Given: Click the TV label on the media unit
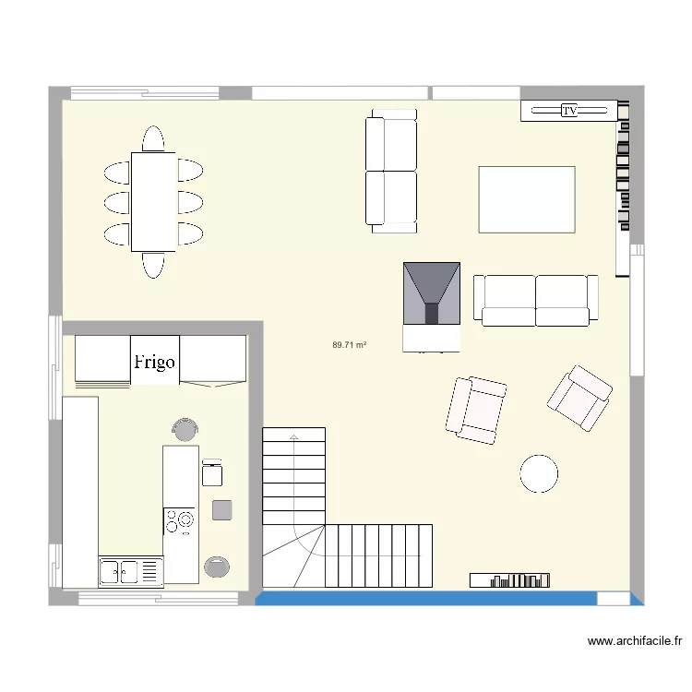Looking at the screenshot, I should tap(570, 111).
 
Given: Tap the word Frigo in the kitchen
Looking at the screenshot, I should tap(154, 362).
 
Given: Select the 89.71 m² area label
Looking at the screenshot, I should tap(350, 345).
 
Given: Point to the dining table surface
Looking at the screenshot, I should tap(153, 201).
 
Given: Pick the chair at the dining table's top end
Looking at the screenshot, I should tap(153, 138).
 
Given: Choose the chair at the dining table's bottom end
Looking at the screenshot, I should tap(153, 265).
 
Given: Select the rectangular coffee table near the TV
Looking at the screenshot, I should tap(526, 199).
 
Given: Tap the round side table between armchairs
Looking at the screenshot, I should tap(538, 472).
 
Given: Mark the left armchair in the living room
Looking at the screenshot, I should tap(476, 409).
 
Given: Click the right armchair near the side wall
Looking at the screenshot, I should tap(579, 397).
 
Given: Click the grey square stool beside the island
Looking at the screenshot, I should tap(221, 508).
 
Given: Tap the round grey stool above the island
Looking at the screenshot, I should tap(185, 428).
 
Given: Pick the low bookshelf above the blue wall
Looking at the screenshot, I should tap(511, 579).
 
